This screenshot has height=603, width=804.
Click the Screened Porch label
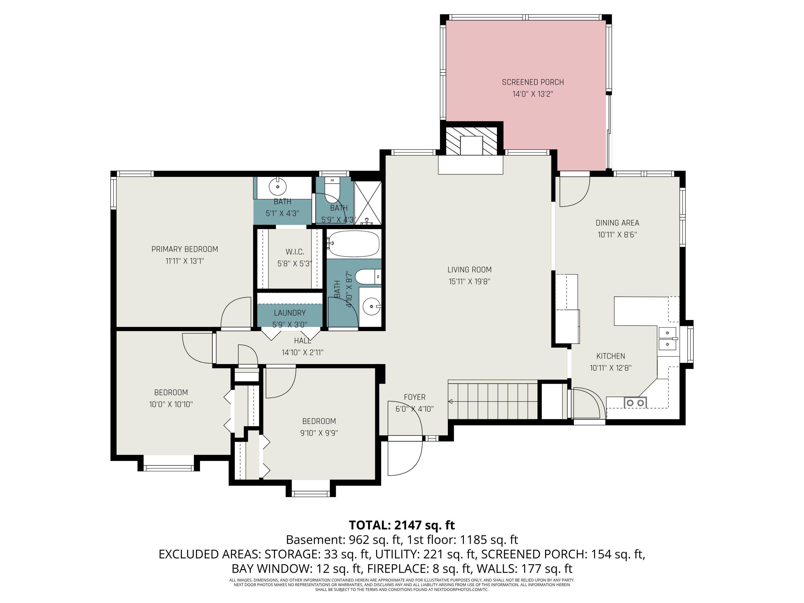(533, 82)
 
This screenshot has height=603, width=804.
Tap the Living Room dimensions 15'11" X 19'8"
(469, 281)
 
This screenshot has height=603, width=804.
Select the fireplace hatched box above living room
(471, 141)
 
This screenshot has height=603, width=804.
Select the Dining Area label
(617, 223)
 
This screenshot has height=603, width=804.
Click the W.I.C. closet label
(295, 252)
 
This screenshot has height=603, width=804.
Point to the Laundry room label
(290, 312)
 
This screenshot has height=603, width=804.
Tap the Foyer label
(414, 397)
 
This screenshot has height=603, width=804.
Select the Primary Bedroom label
(185, 249)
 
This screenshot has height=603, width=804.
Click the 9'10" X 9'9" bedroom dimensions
(319, 433)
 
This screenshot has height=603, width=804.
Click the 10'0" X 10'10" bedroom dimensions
(171, 404)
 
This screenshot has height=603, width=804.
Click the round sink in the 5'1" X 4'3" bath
(277, 187)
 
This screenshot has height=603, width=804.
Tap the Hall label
(302, 341)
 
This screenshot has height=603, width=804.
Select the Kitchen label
(611, 356)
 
